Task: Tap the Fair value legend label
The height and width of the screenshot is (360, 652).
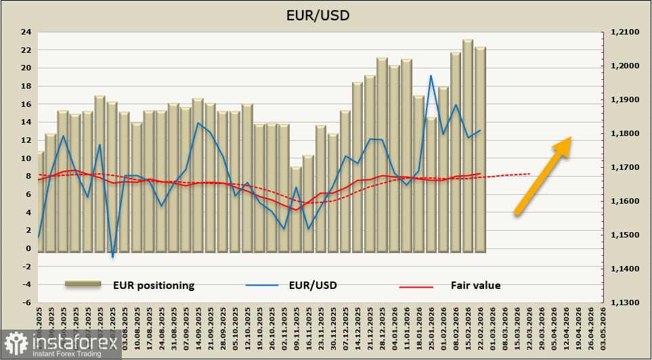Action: (475, 286)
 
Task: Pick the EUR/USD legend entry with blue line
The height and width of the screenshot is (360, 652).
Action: (312, 286)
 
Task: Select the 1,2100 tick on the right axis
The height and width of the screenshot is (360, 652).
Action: (624, 32)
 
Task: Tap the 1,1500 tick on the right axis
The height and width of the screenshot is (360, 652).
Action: (624, 235)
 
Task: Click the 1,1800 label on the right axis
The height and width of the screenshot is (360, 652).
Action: (624, 133)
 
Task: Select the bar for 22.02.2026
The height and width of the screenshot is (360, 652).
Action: (480, 149)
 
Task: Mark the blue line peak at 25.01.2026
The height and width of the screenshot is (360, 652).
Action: (431, 75)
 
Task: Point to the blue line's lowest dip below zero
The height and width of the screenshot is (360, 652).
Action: (112, 256)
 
